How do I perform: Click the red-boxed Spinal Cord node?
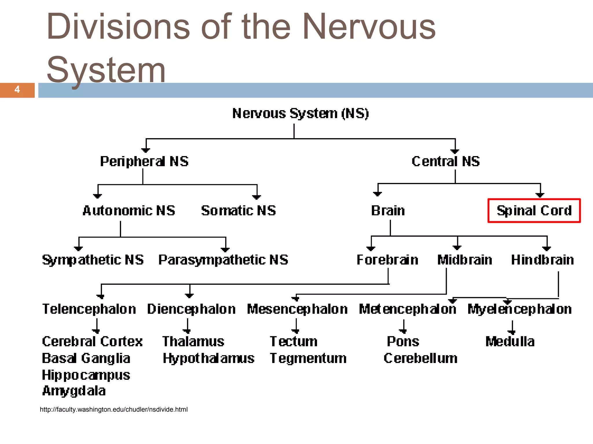coord(534,211)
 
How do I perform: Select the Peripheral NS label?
coord(144,161)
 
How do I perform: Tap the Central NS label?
coord(446,161)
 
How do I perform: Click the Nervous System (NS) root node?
coord(301,113)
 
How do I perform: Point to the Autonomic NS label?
coord(129,210)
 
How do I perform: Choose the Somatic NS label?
coord(239,210)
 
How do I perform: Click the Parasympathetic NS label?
coord(223,260)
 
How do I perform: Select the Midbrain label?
coord(465,260)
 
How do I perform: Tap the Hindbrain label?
coord(542,260)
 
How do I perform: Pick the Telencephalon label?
coord(89,309)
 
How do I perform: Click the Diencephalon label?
coord(191,309)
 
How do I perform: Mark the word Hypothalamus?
coord(208,358)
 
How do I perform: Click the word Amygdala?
coord(74,391)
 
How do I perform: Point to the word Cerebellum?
coord(420,358)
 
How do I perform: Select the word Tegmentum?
coord(308,358)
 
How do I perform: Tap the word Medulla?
coord(510,341)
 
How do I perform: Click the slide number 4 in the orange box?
coord(17,90)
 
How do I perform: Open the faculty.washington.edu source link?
coord(114,410)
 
